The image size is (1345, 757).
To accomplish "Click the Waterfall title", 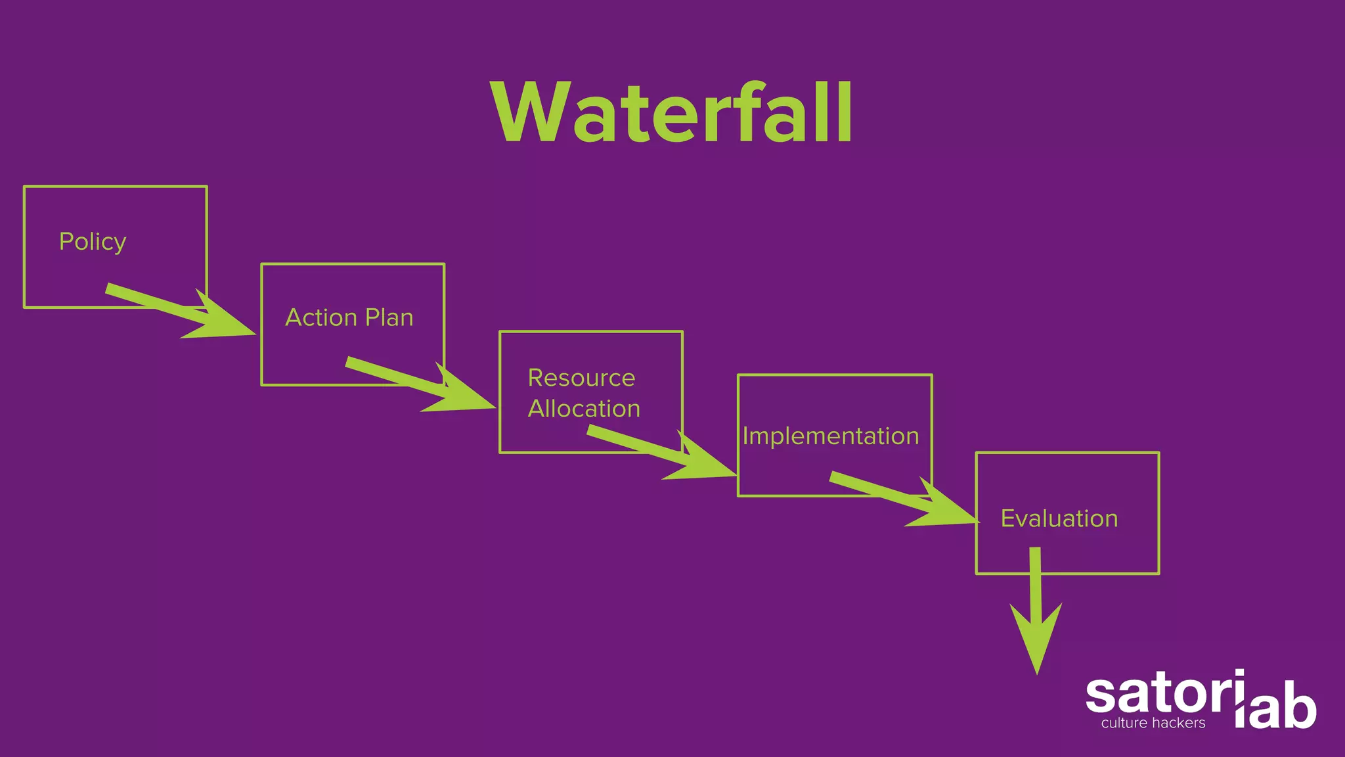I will [672, 113].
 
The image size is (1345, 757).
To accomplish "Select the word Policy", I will [93, 242].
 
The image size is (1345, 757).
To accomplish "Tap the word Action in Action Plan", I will [321, 317].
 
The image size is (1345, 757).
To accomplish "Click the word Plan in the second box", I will [389, 317].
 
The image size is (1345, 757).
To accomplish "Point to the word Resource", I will [581, 378].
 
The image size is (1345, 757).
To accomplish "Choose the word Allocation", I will [584, 409].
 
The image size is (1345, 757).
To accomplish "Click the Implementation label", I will [830, 436].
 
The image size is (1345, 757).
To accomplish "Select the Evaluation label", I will [1059, 518].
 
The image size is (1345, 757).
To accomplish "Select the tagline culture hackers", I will [1153, 723].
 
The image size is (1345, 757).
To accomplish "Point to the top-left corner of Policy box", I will [24, 187].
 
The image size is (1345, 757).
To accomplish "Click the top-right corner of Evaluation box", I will [1158, 453].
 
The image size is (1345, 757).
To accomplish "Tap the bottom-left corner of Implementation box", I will [738, 495].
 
